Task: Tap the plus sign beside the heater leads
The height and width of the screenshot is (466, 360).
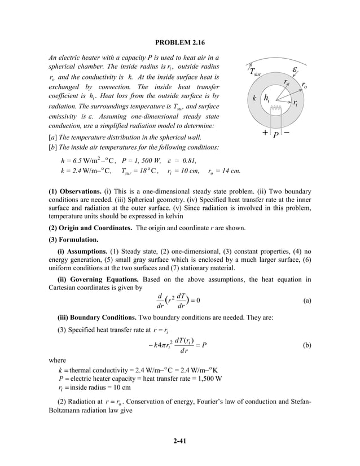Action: point(265,133)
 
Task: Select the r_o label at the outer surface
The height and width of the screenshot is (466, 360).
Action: point(304,86)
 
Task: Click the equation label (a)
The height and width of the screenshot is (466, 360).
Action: point(307,301)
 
